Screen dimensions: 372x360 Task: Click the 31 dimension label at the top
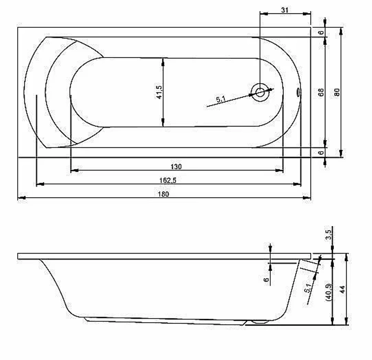tap(285, 10)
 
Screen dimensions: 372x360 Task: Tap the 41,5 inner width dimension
tap(159, 92)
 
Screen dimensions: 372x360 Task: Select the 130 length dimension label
tap(176, 167)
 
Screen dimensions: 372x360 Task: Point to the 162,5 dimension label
tap(168, 181)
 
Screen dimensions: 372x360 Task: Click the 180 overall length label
tap(163, 194)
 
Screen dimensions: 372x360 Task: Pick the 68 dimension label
tap(321, 92)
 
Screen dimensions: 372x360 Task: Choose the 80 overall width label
tap(337, 92)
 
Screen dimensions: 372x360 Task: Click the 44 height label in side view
tap(342, 289)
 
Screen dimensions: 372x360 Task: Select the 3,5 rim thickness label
tap(328, 235)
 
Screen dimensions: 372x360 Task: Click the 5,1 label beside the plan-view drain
tap(221, 99)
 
